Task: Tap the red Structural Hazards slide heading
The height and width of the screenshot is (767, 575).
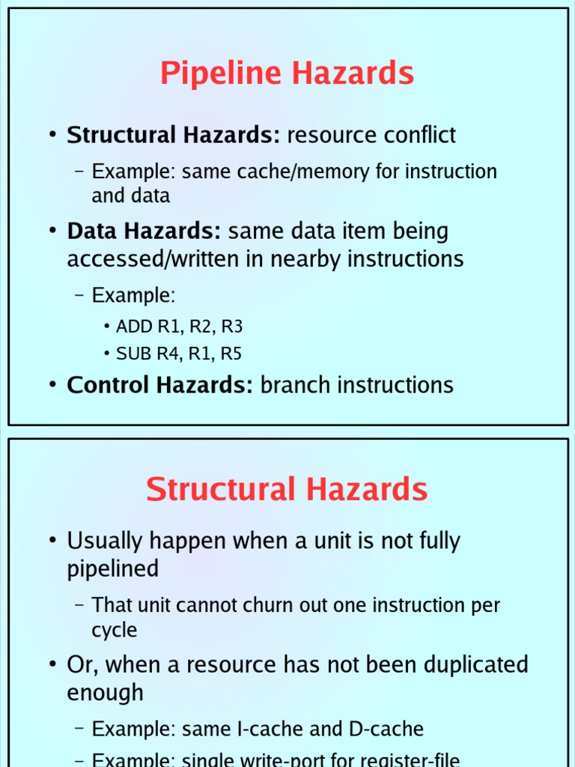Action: (287, 490)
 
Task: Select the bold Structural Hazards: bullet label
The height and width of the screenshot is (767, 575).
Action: (173, 136)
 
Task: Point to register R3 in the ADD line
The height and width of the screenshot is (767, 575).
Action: (232, 327)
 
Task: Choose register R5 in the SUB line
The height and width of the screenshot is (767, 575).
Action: (231, 354)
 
